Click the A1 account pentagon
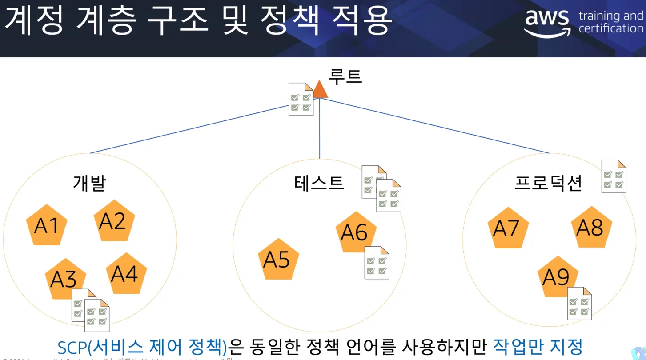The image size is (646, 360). tap(47, 226)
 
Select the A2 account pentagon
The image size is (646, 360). tap(113, 221)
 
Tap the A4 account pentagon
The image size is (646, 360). tap(125, 274)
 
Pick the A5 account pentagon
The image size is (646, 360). tap(278, 260)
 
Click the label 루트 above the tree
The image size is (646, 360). tap(345, 76)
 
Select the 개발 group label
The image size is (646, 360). tap(89, 183)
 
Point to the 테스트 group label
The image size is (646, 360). tap(319, 182)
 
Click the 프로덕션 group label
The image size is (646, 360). tap(548, 183)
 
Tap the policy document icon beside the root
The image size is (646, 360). tap(301, 99)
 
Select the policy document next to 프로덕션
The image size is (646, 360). tap(614, 176)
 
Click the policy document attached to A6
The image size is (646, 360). tap(377, 263)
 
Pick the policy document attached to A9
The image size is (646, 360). tap(579, 304)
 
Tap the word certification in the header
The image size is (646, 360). tap(610, 28)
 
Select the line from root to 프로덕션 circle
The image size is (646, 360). tap(436, 126)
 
